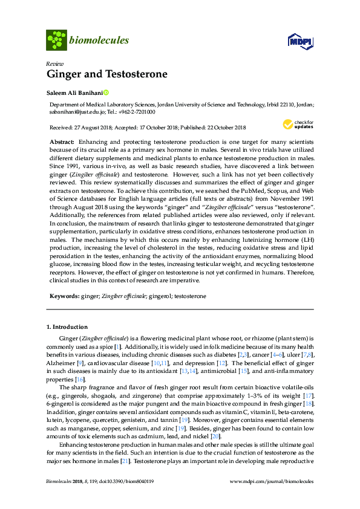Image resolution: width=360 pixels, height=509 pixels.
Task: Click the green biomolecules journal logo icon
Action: [56, 41]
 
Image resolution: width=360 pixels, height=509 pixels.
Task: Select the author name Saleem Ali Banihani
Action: [74, 93]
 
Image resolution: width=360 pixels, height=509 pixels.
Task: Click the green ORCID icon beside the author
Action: [106, 93]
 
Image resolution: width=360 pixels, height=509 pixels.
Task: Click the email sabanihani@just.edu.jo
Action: [76, 111]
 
